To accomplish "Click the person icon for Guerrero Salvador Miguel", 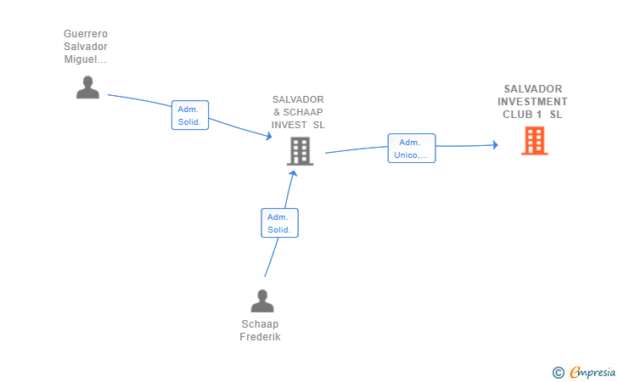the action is [x=87, y=87].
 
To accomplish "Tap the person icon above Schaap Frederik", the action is [x=262, y=301].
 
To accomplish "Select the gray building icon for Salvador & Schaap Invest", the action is [x=300, y=151].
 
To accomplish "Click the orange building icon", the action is [x=535, y=141].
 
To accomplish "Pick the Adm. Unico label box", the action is [x=412, y=149].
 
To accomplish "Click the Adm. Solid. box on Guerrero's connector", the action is [x=190, y=115].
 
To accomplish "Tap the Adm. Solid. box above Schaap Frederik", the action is [x=279, y=222].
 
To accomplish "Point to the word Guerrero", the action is [x=86, y=34].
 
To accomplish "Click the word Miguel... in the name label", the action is [x=86, y=59].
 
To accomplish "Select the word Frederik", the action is [x=260, y=337].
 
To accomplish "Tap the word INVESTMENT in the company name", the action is [x=532, y=102].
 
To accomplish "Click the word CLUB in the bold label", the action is [x=518, y=115].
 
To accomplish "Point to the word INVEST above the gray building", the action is [x=289, y=125].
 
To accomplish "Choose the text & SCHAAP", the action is [x=298, y=112].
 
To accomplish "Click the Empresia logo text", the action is [x=593, y=372].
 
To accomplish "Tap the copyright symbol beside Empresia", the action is [x=558, y=373].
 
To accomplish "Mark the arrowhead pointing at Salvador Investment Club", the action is [x=496, y=145].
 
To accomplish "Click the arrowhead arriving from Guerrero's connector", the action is [x=269, y=136].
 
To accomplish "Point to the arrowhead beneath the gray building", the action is [x=293, y=173].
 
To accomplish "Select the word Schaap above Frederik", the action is [x=260, y=324].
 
